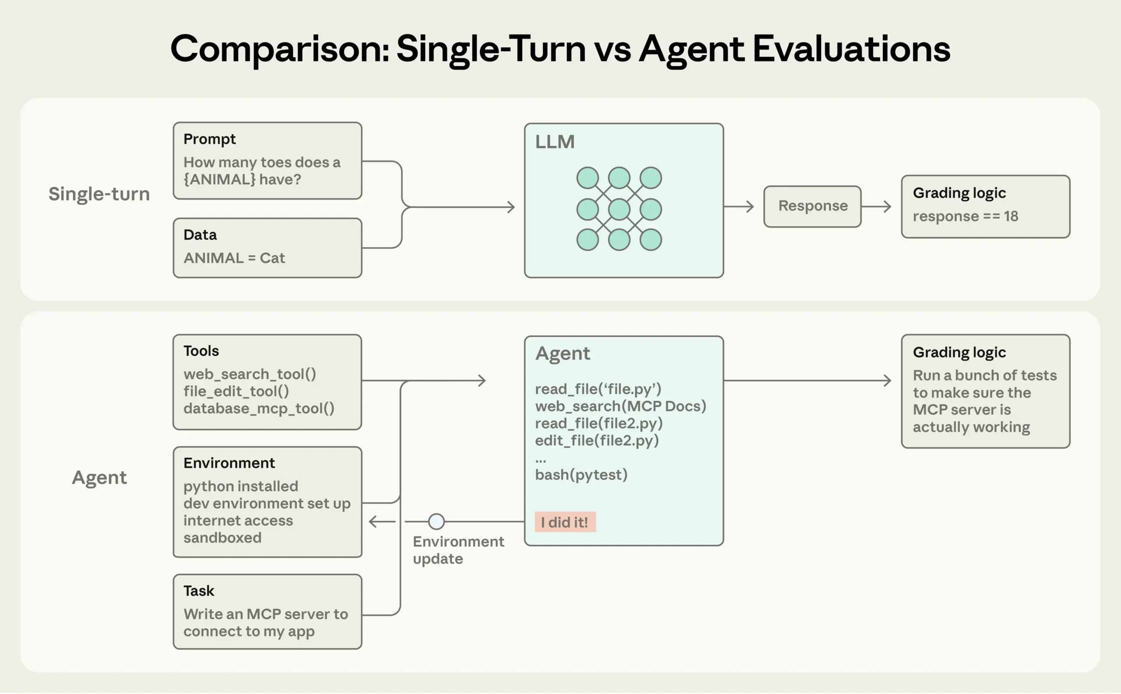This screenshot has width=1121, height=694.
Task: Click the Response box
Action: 812,206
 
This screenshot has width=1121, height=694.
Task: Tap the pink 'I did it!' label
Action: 564,522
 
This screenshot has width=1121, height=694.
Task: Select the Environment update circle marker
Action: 436,521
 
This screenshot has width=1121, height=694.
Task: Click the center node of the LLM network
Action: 618,209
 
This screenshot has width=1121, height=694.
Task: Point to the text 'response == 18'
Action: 965,216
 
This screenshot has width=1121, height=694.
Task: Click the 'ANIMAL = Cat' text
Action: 234,258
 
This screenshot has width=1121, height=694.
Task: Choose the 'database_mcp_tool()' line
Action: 259,408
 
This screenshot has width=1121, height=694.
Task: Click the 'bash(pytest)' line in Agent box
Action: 581,474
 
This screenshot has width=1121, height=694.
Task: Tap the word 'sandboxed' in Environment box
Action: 222,537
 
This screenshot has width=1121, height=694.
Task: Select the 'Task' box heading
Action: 198,591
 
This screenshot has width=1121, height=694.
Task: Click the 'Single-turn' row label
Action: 99,194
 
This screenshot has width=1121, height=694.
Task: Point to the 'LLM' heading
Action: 554,142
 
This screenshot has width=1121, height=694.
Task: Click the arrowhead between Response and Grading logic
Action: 888,206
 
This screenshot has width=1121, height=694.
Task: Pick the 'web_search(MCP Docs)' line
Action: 620,406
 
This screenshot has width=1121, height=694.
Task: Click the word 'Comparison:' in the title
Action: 280,49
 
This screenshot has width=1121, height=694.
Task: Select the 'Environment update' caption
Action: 458,550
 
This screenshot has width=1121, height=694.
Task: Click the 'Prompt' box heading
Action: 209,139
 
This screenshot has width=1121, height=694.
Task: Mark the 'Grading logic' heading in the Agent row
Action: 959,352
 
